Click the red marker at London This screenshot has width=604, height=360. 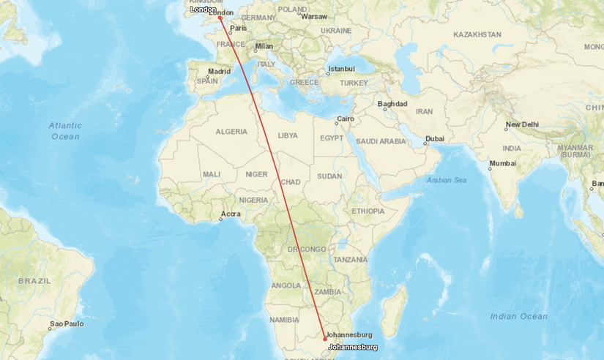click(x=220, y=18)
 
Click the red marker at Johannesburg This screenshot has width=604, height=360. click(x=325, y=339)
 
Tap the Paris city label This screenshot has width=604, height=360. click(x=239, y=29)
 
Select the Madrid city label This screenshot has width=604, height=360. click(x=219, y=72)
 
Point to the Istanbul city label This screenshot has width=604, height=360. click(x=341, y=70)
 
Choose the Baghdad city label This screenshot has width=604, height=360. click(x=392, y=104)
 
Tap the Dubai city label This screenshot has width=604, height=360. click(x=434, y=138)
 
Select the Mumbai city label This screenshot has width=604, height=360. click(x=503, y=164)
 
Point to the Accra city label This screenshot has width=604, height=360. click(x=231, y=215)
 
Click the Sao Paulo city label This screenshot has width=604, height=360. click(x=66, y=323)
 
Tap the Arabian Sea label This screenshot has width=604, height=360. click(x=446, y=180)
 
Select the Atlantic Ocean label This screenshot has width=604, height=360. click(x=65, y=131)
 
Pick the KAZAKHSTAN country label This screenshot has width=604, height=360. click(x=477, y=34)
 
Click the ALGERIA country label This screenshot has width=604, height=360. click(x=231, y=132)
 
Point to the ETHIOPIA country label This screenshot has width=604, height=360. click(x=368, y=211)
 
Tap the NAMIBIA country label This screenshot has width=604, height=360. click(x=284, y=320)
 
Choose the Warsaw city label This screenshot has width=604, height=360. click(x=314, y=16)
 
